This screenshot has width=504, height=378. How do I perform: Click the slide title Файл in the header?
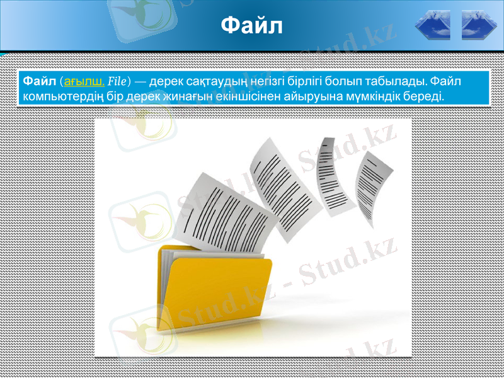[x=252, y=26]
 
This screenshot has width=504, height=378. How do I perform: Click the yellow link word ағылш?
[x=85, y=81]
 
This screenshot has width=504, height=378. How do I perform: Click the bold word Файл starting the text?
[x=38, y=81]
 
